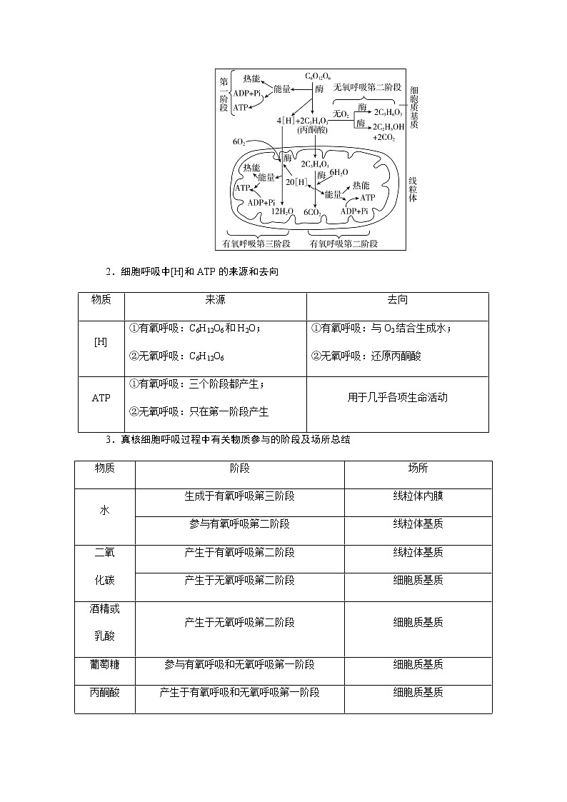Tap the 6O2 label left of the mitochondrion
coord(239,143)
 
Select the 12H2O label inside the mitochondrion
coord(282,211)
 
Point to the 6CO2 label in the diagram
coord(311,212)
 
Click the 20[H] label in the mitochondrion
coord(296,182)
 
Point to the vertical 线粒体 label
coord(413,189)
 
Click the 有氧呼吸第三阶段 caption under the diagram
coord(256,244)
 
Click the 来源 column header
coord(215,301)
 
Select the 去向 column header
coord(397,301)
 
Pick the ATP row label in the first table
coord(101,398)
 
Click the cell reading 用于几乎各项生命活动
coord(397,398)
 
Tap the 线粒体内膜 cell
coord(418,496)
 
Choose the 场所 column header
coord(418,468)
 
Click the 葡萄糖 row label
coord(104,664)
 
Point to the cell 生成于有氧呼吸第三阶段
coord(239,496)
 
